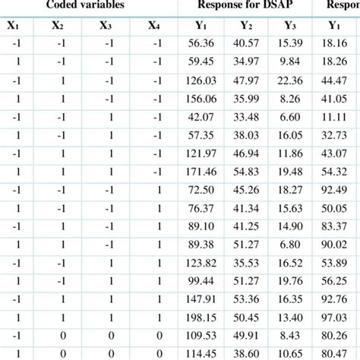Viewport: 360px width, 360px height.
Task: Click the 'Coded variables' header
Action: coord(89,5)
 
